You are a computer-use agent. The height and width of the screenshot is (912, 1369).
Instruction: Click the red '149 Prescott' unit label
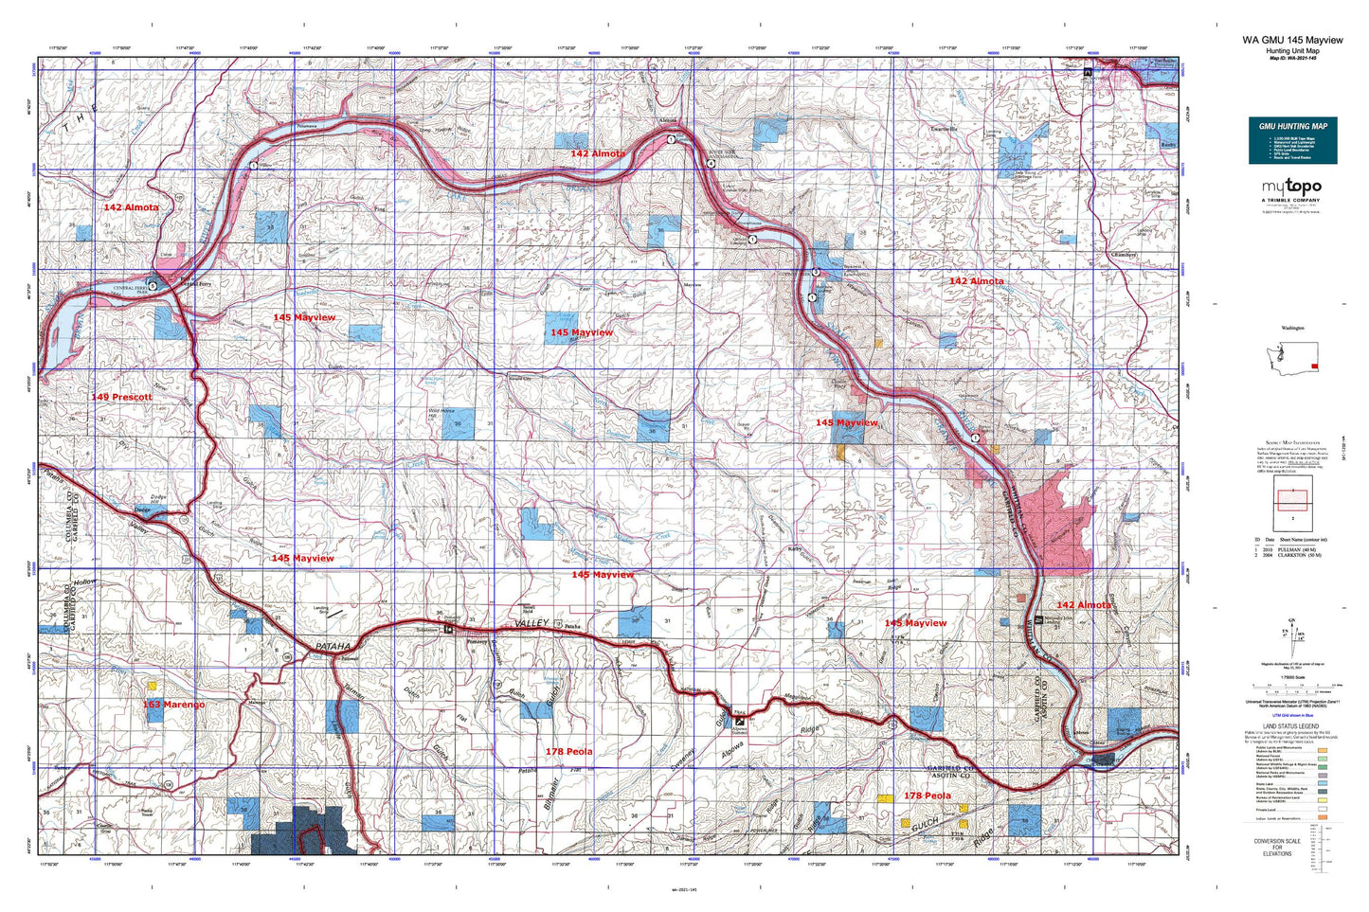121,397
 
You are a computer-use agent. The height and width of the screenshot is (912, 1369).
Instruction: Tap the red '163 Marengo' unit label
173,705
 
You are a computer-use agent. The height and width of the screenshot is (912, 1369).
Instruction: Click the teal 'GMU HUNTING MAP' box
1292,140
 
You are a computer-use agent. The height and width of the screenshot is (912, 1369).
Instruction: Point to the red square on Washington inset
1312,367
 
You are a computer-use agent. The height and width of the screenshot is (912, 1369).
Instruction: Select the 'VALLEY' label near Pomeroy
531,622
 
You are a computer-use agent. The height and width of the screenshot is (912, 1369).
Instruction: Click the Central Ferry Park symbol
153,284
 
